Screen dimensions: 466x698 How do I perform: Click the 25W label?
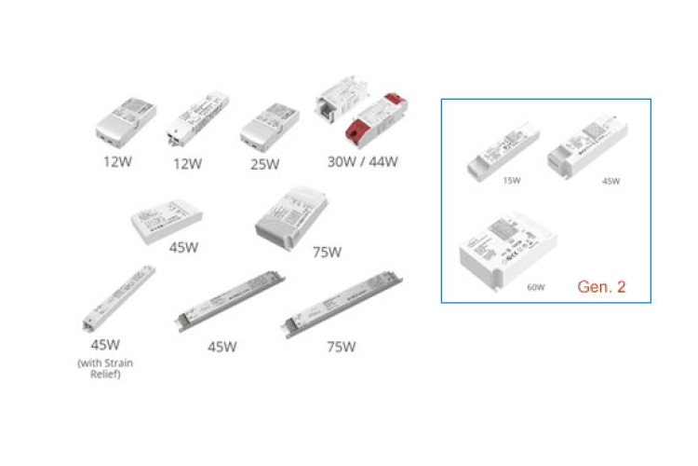264,165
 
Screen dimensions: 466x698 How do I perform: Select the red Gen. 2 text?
601,286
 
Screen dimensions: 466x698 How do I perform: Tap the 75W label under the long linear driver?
341,348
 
